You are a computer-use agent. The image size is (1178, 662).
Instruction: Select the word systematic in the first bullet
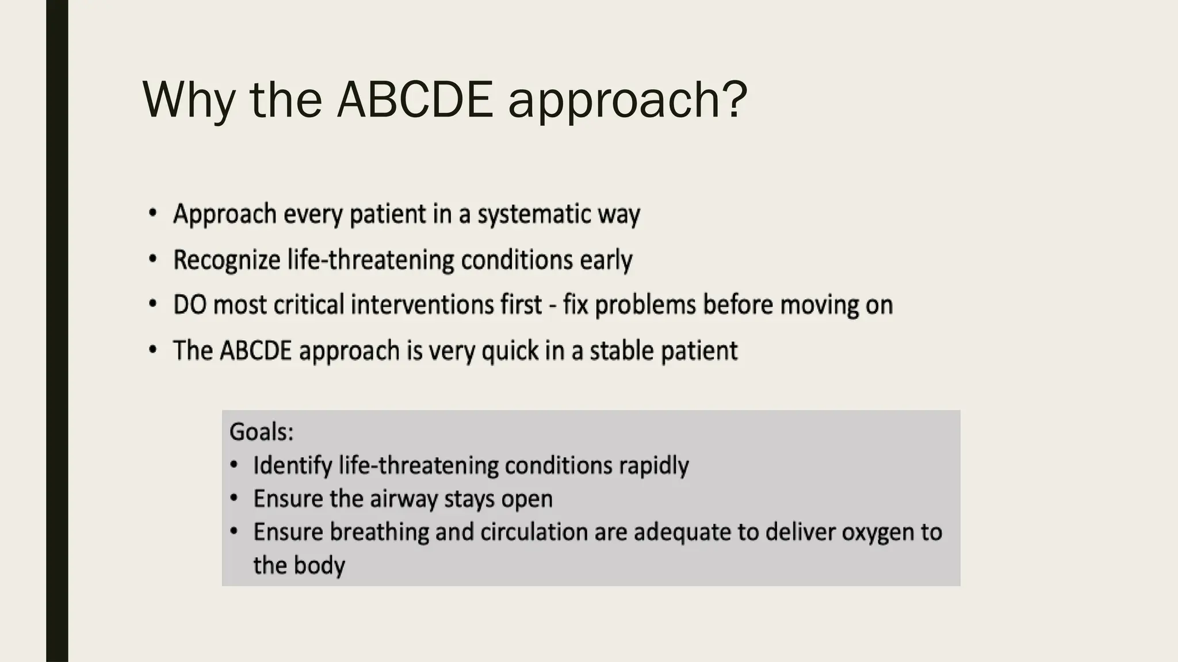(x=534, y=214)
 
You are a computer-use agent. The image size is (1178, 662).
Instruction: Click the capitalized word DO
(x=189, y=305)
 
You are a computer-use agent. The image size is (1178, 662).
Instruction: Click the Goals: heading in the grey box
(x=261, y=432)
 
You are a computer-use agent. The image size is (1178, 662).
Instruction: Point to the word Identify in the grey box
(x=292, y=465)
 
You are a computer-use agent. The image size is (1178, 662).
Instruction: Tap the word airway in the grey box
(x=404, y=498)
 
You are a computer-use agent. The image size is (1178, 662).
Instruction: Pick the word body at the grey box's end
(x=319, y=565)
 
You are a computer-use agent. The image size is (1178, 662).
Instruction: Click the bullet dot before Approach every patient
(x=152, y=213)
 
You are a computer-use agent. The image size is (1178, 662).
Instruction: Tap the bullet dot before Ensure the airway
(x=234, y=498)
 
